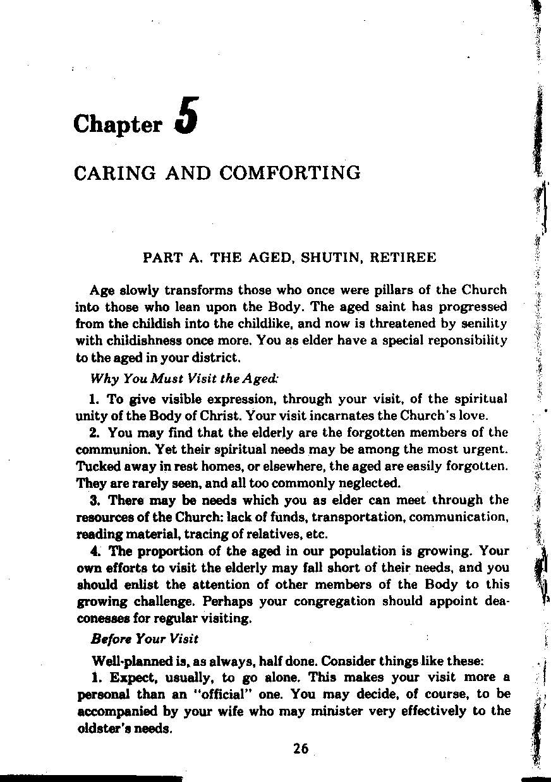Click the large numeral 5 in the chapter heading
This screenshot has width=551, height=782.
[x=188, y=116]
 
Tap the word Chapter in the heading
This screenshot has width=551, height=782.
[x=118, y=124]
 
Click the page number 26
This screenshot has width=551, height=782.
[x=301, y=749]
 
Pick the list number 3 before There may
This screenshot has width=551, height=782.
[x=94, y=501]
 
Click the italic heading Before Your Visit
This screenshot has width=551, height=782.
[x=145, y=638]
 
